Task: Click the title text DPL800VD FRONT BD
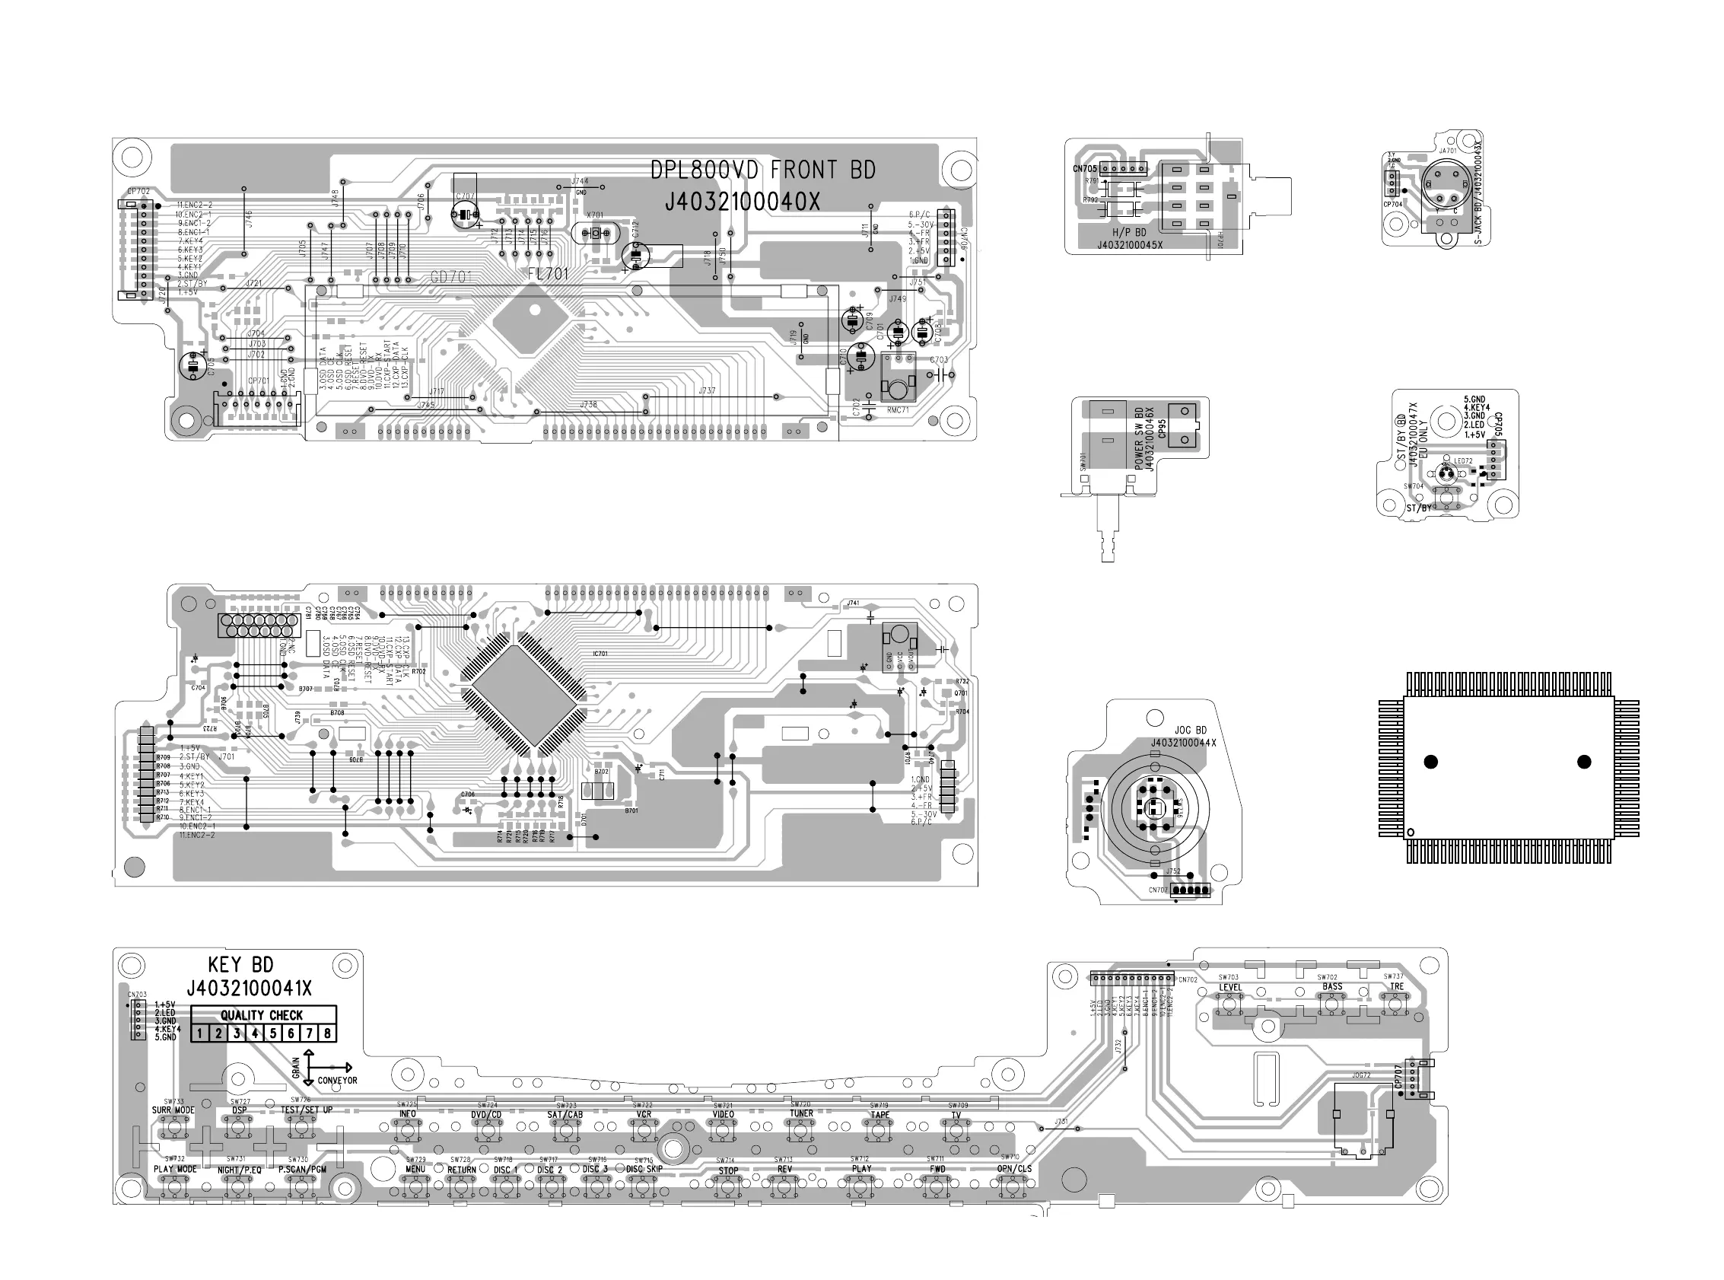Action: (x=762, y=170)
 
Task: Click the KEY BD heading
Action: (x=241, y=965)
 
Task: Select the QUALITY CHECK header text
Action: (x=262, y=1015)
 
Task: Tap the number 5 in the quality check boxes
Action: (x=272, y=1033)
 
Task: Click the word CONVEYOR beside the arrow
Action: (x=338, y=1081)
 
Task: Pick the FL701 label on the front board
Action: (x=549, y=274)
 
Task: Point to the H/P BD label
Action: (x=1129, y=232)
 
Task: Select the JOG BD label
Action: (x=1191, y=731)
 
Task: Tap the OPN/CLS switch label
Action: (x=1014, y=1169)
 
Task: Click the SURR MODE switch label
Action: (x=173, y=1110)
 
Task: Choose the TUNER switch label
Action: (x=801, y=1113)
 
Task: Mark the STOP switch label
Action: (x=728, y=1171)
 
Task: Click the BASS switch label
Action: (x=1332, y=987)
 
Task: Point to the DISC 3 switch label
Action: (x=596, y=1169)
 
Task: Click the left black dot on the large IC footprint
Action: (x=1430, y=762)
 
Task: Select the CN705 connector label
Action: (x=1084, y=169)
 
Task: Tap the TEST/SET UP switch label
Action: (x=307, y=1110)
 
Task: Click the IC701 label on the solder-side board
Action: (x=600, y=654)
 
